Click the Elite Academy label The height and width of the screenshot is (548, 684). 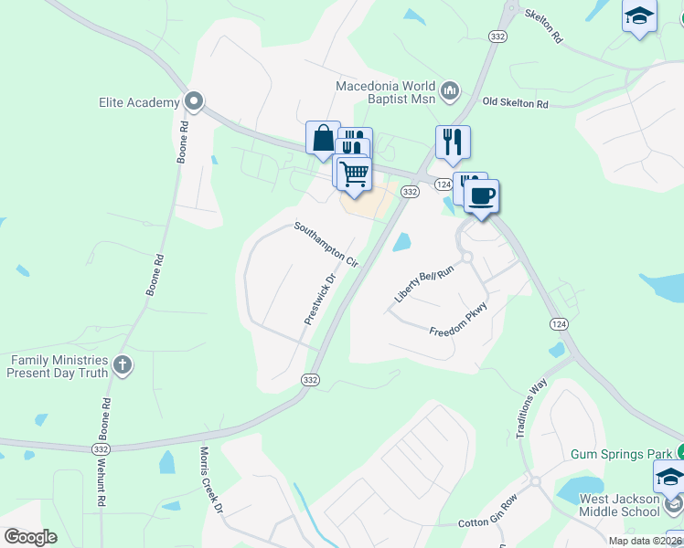(139, 102)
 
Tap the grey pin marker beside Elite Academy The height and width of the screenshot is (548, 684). (193, 101)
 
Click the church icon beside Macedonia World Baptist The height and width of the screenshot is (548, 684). (450, 90)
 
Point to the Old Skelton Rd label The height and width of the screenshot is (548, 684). (515, 103)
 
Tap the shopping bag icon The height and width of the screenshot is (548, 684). (323, 139)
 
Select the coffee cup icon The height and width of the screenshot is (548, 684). (481, 195)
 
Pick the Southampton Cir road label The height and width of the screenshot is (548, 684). (326, 243)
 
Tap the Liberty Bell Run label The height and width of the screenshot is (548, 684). (424, 285)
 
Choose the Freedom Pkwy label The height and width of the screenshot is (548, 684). (459, 319)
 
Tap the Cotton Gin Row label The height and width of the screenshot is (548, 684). (486, 522)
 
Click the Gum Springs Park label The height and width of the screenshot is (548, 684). (621, 453)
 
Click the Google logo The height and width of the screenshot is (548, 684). (30, 537)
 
